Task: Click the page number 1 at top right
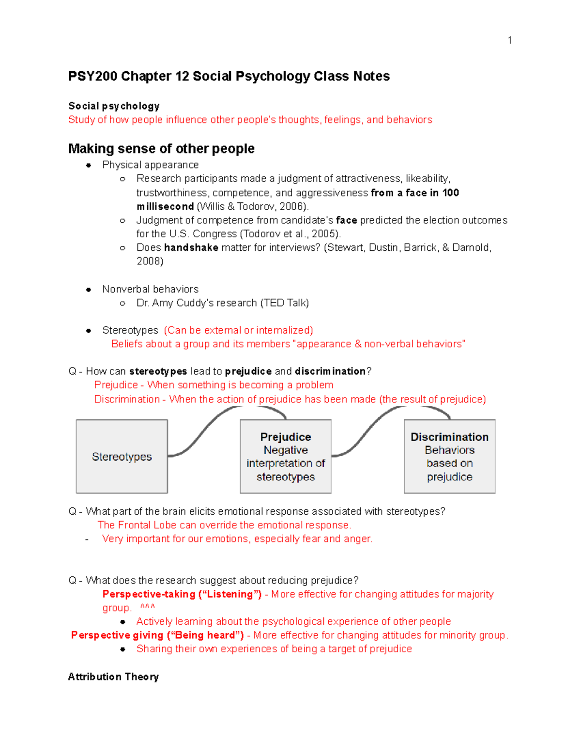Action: coord(509,40)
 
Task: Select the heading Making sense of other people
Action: coord(161,149)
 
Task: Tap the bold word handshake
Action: coord(191,247)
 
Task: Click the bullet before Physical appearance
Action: coord(89,165)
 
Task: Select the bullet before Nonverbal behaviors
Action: coord(89,290)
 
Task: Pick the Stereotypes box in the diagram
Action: coord(122,457)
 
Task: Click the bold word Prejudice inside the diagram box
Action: coord(286,437)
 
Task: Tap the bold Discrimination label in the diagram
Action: coord(449,437)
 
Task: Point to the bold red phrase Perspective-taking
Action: coord(149,594)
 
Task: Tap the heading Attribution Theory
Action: coord(113,677)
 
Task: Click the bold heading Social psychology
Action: coord(114,106)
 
